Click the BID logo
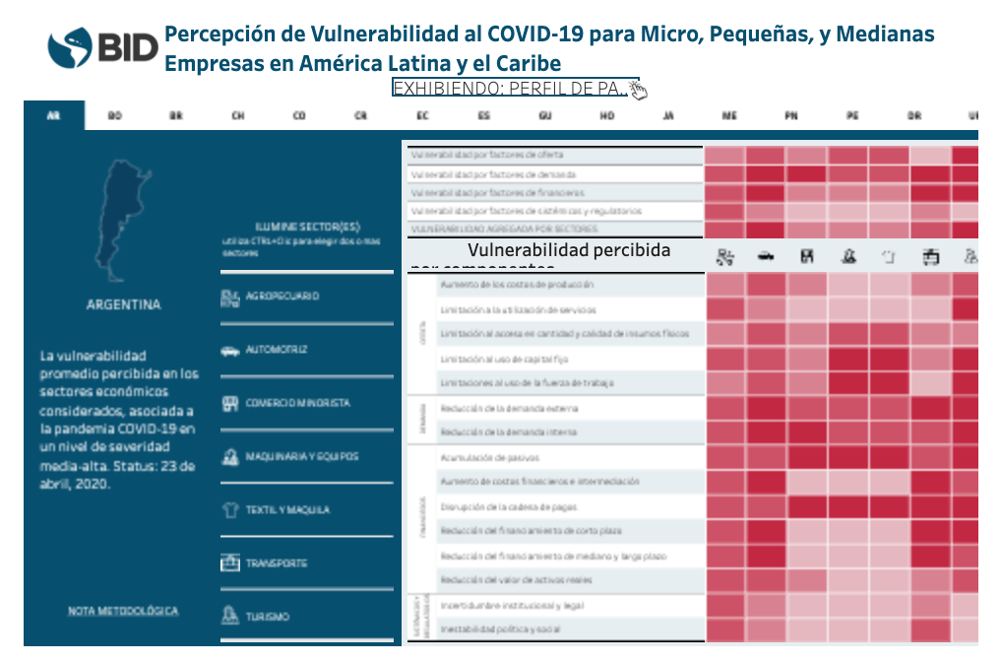pyautogui.click(x=102, y=45)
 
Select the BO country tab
pyautogui.click(x=115, y=116)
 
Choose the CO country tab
pyautogui.click(x=299, y=116)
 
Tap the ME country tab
pyautogui.click(x=729, y=116)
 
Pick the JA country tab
pyautogui.click(x=668, y=116)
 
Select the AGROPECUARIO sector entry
pyautogui.click(x=282, y=296)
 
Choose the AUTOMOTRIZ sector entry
pyautogui.click(x=277, y=350)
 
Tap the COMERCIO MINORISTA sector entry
pyautogui.click(x=296, y=403)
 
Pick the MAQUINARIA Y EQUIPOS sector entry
pyautogui.click(x=301, y=457)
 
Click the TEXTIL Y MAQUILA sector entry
pyautogui.click(x=287, y=510)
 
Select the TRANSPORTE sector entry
pyautogui.click(x=277, y=563)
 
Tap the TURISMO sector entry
pyautogui.click(x=267, y=617)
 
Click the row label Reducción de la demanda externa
pyautogui.click(x=509, y=408)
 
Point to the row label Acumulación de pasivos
pyautogui.click(x=489, y=457)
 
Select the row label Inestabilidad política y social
pyautogui.click(x=501, y=629)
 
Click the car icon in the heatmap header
pyautogui.click(x=765, y=256)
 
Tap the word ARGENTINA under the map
pyautogui.click(x=123, y=305)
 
